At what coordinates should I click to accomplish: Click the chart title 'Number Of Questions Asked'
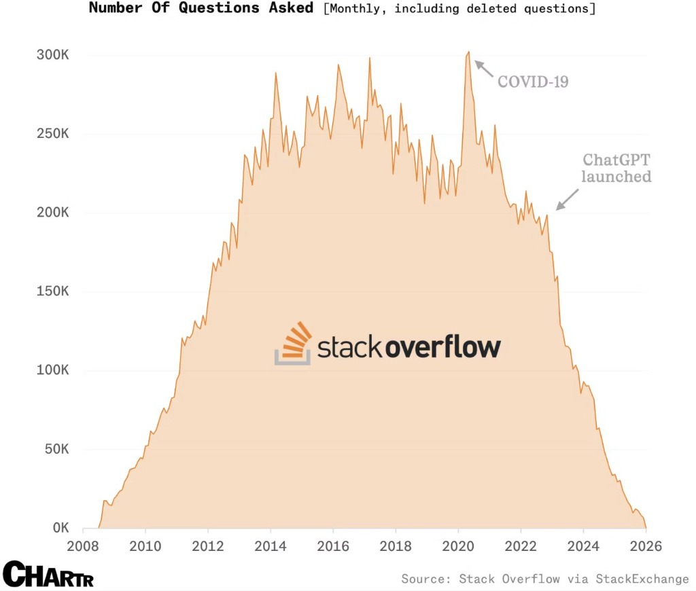201,8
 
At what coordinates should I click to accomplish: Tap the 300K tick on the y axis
52,55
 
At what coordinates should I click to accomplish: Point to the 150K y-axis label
52,291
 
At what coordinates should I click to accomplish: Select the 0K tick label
58,529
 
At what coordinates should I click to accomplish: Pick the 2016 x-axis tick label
333,546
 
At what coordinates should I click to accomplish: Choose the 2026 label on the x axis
645,546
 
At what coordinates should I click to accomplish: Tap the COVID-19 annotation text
533,82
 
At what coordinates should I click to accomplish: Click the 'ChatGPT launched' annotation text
617,168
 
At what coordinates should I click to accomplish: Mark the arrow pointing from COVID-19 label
483,69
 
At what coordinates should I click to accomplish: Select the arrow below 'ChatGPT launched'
568,200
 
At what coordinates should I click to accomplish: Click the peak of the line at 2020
468,52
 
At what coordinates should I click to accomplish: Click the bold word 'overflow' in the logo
443,347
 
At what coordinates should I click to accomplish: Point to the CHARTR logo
48,575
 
